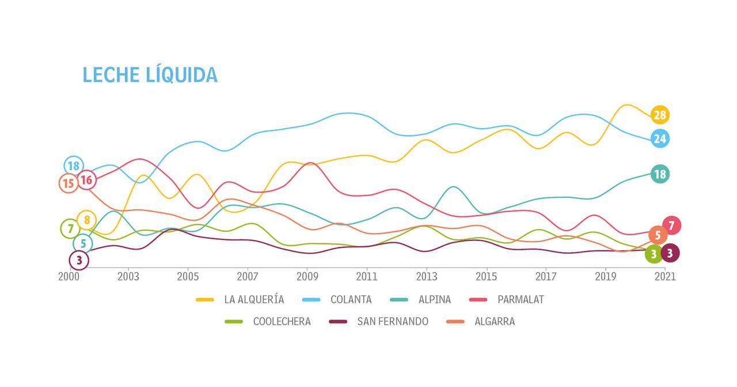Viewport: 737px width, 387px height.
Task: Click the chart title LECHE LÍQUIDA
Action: click(150, 75)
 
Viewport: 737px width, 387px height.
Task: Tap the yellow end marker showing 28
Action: click(660, 115)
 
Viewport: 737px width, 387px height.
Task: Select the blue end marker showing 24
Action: click(660, 138)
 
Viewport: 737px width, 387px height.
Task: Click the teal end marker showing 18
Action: click(660, 174)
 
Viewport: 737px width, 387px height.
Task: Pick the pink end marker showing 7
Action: click(671, 226)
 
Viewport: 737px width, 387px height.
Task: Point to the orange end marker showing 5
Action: click(658, 235)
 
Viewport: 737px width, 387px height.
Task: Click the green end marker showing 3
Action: click(654, 254)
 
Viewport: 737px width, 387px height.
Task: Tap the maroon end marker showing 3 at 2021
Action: click(670, 253)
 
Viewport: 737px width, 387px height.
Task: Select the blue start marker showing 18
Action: click(73, 166)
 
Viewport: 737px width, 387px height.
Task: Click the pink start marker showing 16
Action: click(86, 181)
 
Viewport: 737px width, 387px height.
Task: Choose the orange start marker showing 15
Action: click(69, 184)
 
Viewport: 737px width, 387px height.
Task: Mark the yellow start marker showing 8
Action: click(86, 220)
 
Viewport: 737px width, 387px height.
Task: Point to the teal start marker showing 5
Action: click(82, 244)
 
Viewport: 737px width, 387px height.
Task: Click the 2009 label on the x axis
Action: click(307, 276)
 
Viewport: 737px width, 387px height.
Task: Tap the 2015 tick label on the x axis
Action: click(487, 276)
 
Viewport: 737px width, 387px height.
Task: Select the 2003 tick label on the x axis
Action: click(128, 276)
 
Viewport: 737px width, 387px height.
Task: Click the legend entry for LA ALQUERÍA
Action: click(253, 299)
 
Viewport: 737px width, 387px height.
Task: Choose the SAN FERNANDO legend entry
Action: click(392, 322)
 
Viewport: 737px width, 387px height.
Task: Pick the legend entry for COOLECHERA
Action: click(282, 322)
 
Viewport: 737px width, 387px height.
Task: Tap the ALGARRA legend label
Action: click(494, 322)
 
